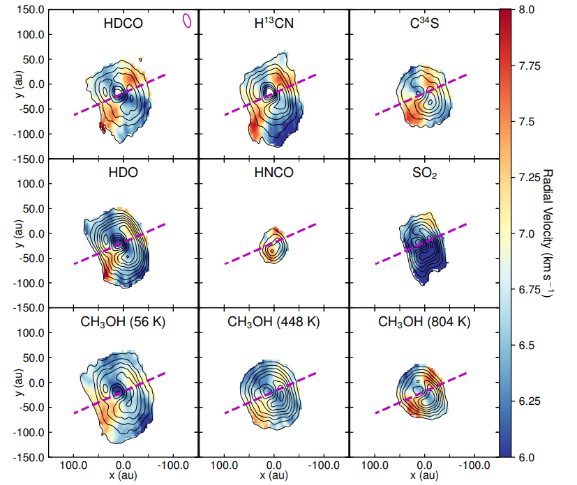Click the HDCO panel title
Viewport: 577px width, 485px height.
click(123, 23)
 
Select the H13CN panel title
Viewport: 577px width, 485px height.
click(273, 22)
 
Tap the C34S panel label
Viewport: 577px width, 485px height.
click(424, 22)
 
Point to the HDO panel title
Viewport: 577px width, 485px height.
click(123, 172)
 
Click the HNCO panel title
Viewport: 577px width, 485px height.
click(273, 172)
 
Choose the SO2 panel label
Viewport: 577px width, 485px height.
click(424, 173)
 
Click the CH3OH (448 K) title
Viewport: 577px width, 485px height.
click(273, 322)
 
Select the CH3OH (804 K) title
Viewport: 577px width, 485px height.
click(424, 322)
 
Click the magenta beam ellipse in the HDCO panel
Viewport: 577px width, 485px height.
click(186, 21)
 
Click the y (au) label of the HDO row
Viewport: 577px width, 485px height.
click(10, 233)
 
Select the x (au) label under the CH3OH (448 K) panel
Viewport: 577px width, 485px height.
click(273, 475)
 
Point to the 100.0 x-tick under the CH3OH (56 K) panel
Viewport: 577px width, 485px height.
click(74, 465)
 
